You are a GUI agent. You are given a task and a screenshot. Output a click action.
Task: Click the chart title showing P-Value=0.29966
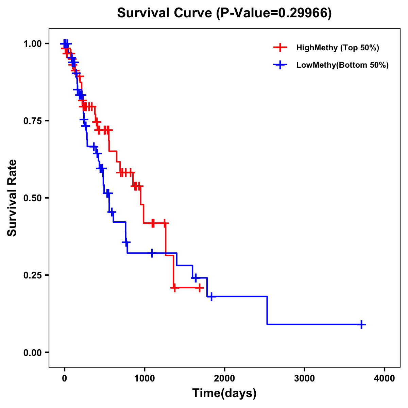224,13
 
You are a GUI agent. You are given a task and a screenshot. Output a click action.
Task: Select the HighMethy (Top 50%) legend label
338,48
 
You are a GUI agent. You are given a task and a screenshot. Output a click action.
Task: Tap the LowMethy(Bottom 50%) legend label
342,65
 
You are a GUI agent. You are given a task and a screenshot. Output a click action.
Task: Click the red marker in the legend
280,48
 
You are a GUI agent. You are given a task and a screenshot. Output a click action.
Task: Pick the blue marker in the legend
280,65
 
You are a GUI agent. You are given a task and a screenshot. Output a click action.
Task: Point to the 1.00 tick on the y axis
32,44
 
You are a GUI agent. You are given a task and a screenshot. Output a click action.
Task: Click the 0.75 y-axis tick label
32,121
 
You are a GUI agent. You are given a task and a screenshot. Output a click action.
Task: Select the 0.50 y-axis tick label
32,198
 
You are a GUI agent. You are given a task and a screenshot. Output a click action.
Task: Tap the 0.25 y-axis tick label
32,275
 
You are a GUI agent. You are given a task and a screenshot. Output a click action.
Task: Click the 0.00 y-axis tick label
32,352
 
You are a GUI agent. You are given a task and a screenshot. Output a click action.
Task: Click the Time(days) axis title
224,393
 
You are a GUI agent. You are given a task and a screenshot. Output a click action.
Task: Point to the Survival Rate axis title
13,198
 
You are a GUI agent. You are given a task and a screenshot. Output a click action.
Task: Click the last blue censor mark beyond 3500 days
361,324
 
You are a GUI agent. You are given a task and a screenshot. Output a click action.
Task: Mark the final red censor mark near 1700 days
200,288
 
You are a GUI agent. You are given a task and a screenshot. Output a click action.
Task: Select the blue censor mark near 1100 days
152,253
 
